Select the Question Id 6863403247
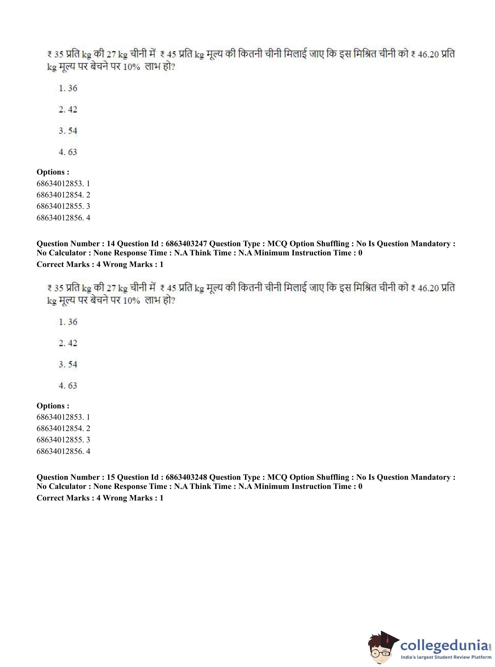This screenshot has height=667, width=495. point(186,244)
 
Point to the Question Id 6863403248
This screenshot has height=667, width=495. point(186,477)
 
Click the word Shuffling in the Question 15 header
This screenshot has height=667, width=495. point(333,477)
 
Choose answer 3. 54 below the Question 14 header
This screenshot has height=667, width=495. point(68,364)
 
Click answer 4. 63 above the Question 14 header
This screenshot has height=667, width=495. point(68,152)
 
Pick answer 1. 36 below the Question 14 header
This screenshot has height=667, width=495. point(68,322)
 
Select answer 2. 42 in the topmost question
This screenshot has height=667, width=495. point(68,109)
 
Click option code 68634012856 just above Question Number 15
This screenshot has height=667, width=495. point(60,451)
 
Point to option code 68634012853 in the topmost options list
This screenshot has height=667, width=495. point(60,183)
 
